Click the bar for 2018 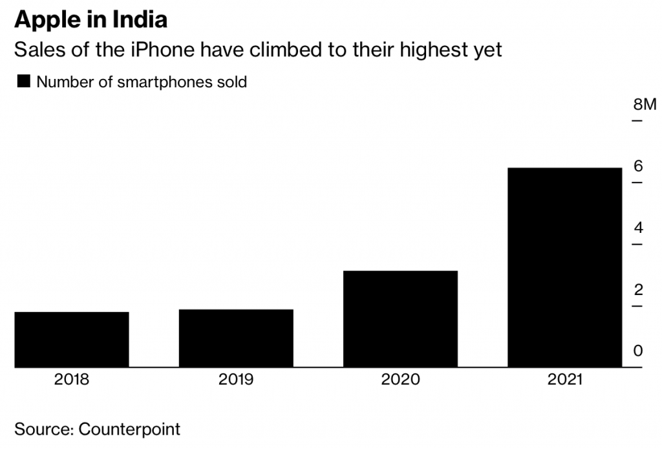[x=72, y=340]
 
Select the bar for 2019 [x=236, y=338]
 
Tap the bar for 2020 [x=400, y=319]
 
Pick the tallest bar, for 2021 [x=564, y=267]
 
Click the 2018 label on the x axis [x=72, y=380]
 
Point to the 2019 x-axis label [x=236, y=380]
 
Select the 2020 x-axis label [x=400, y=380]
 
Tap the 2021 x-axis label [x=564, y=380]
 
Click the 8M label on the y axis [x=644, y=105]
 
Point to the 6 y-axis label [x=638, y=166]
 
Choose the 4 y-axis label [x=638, y=228]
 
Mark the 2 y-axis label [x=638, y=289]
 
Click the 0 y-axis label [x=638, y=351]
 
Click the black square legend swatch [x=23, y=82]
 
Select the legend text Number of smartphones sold [x=142, y=82]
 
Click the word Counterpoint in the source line [x=129, y=429]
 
